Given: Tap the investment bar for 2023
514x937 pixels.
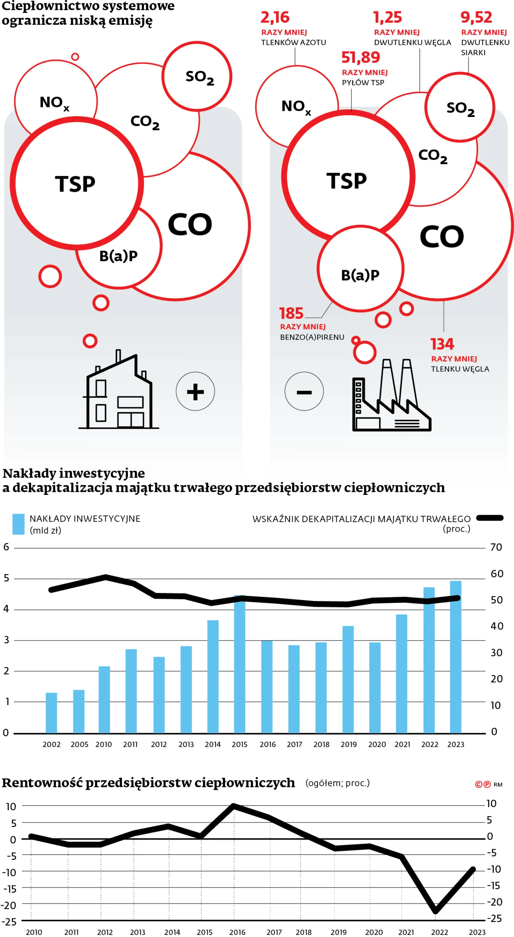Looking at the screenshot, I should tap(456, 657).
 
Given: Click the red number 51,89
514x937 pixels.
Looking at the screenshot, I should tap(361, 58).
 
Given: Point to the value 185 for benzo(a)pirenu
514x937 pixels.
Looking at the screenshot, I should tap(291, 313).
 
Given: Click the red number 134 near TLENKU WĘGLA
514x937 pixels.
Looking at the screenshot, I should tap(442, 344).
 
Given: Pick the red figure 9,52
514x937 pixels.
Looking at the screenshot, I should tap(476, 17).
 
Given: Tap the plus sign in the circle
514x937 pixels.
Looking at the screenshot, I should tap(195, 392).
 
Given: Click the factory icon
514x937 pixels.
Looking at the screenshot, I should tap(391, 396).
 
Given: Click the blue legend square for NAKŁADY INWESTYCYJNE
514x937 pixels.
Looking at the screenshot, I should tap(18, 524).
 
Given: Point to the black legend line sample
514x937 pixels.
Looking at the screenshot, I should tap(490, 518).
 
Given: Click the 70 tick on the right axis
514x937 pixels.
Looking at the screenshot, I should tap(496, 547).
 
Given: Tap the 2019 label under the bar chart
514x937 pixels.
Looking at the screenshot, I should tap(348, 744).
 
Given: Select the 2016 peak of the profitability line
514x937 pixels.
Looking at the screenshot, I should tap(234, 806).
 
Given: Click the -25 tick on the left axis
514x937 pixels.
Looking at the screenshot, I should tap(10, 922).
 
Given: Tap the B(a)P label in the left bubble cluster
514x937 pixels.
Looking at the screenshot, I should tap(118, 256).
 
